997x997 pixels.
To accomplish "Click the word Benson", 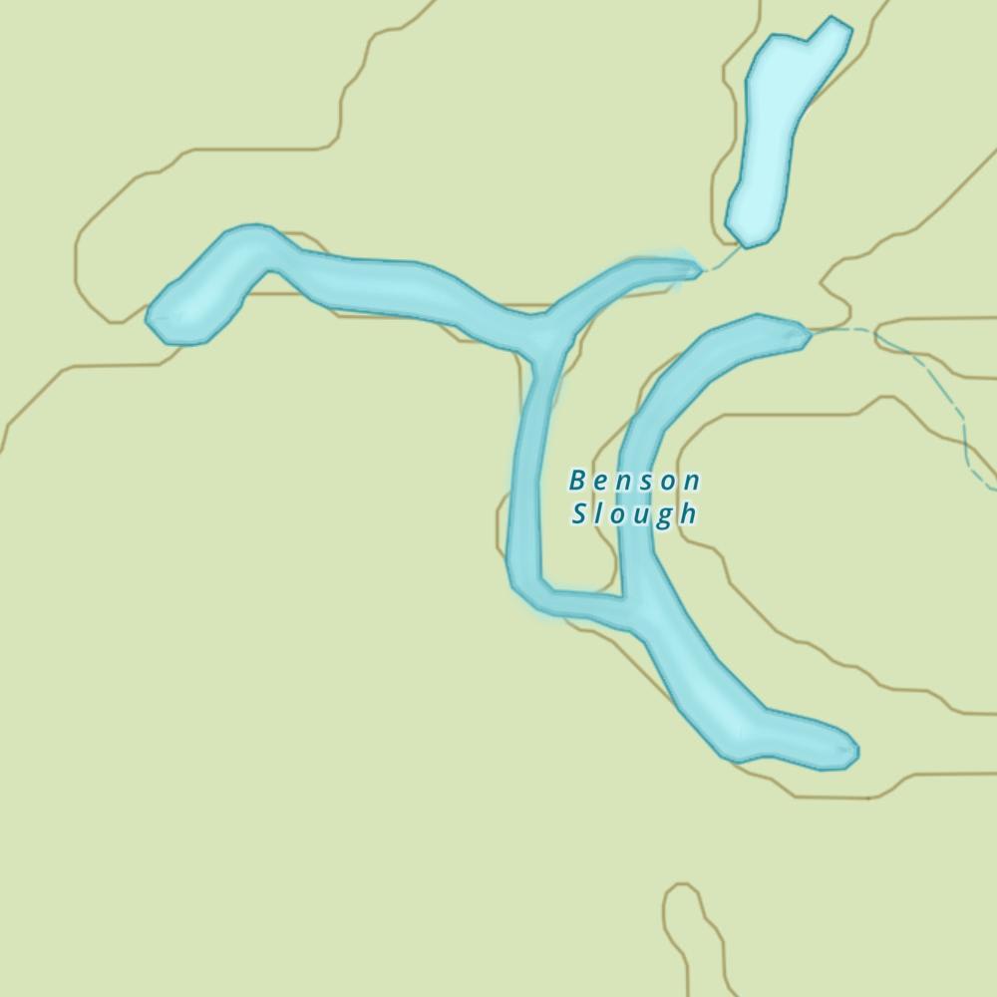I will coord(634,481).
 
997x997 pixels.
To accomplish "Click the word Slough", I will coord(634,514).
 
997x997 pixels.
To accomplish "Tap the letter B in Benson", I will coord(576,481).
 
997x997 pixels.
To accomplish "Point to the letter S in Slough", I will coord(578,514).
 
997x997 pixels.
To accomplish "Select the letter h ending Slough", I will coord(687,514).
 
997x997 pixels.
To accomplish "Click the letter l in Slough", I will coord(599,514).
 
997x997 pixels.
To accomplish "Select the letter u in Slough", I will coord(640,515).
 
